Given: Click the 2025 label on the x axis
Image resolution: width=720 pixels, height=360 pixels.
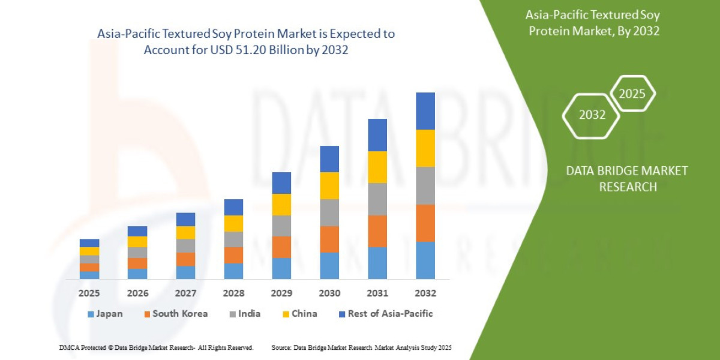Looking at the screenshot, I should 89,293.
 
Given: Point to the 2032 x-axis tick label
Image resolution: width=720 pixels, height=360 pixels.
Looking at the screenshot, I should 425,293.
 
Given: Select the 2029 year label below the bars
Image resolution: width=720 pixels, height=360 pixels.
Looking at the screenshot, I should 281,293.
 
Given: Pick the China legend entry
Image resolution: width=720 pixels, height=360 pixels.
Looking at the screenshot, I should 299,314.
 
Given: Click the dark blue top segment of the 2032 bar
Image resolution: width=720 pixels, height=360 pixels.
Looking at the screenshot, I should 425,111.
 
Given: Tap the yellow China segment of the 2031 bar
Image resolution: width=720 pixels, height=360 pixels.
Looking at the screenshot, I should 377,167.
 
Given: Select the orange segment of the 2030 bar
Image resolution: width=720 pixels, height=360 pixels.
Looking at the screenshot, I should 329,239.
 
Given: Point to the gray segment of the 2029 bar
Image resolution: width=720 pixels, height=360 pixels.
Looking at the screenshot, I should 281,226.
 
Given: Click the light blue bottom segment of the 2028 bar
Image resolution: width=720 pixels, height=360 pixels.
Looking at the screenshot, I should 233,271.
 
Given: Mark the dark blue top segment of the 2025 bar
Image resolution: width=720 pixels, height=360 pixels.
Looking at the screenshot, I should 89,243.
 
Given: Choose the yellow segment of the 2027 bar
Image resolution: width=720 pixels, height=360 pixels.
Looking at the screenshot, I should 185,233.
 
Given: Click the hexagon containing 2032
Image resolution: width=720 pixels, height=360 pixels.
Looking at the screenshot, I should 592,115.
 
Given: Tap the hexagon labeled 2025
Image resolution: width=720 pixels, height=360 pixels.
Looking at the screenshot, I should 632,94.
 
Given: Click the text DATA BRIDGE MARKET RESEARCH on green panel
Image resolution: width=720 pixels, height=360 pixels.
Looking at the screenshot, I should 627,179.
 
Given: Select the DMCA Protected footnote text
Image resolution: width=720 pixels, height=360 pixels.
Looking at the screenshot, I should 156,347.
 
